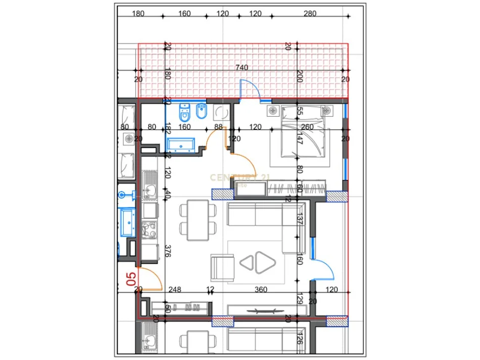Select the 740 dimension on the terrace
coord(242,68)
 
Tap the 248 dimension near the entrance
coord(175,289)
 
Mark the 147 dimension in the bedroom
coord(299,140)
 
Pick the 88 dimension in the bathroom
coord(218,127)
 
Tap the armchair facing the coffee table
coord(222,267)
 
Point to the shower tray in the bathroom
coord(221,112)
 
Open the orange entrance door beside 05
coord(150,279)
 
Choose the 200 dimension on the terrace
coord(299,77)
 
